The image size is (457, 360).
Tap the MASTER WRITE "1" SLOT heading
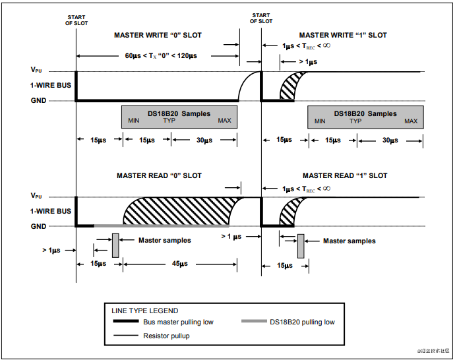(x=343, y=35)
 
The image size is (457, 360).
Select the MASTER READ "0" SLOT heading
(x=159, y=175)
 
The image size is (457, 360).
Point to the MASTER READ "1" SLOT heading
(x=345, y=175)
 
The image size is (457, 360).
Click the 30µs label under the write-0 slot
(x=204, y=140)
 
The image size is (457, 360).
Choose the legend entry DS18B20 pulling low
(x=301, y=322)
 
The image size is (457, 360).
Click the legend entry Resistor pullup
(x=167, y=336)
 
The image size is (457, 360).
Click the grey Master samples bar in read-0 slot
(x=115, y=245)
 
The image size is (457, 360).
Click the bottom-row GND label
(x=38, y=227)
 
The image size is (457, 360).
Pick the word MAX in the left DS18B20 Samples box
(x=225, y=121)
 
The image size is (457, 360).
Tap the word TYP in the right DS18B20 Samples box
(x=355, y=121)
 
